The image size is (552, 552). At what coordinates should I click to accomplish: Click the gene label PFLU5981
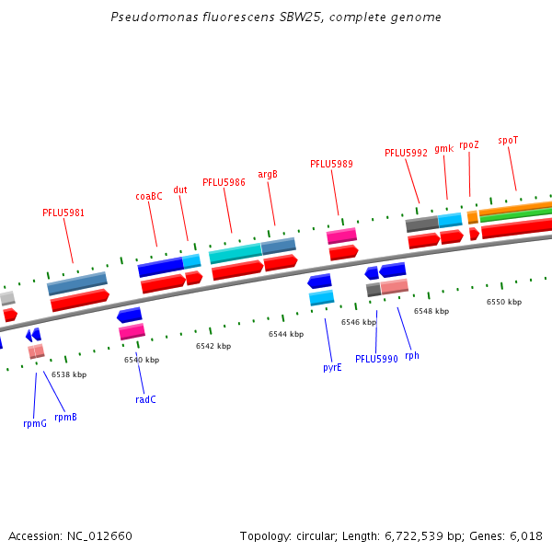(63, 213)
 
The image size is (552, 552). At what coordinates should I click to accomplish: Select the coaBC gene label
(149, 196)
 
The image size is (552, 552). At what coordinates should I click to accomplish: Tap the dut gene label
(180, 190)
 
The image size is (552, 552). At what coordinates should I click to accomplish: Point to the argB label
(268, 174)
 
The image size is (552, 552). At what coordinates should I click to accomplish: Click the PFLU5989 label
(331, 164)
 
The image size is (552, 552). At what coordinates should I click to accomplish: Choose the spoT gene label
(508, 141)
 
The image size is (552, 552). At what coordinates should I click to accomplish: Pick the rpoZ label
(469, 144)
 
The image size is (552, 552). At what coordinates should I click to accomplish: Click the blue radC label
(145, 399)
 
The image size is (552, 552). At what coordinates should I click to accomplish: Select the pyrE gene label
(332, 367)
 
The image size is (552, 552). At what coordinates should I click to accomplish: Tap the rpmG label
(35, 423)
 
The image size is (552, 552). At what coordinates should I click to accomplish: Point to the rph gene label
(411, 355)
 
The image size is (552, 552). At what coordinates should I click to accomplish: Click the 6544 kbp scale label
(285, 335)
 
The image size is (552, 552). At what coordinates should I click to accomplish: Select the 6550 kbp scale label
(503, 302)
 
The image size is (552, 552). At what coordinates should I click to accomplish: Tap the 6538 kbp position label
(69, 374)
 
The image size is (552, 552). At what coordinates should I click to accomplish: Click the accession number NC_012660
(96, 535)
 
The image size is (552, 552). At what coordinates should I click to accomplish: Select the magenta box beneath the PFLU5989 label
(341, 236)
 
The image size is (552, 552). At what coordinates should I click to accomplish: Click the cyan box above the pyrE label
(321, 297)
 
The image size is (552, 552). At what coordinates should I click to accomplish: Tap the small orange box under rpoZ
(472, 217)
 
